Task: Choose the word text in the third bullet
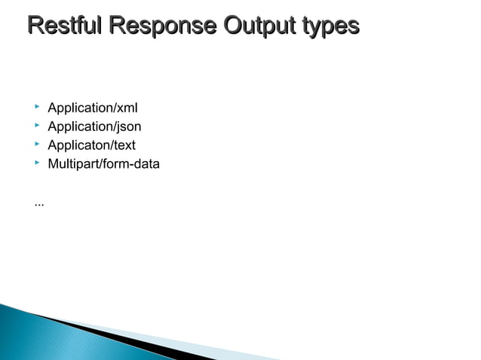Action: (124, 146)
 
